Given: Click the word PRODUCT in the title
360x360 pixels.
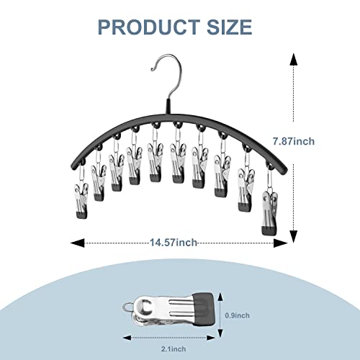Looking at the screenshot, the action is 149,27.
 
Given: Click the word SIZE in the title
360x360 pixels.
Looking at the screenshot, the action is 229,27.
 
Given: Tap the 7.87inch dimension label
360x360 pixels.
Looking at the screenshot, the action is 294,141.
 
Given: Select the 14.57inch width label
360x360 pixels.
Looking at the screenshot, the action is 174,243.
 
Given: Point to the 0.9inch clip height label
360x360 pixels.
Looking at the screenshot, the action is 237,315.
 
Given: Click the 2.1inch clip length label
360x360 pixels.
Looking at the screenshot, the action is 174,348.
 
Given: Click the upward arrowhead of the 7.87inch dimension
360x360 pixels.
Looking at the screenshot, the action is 293,60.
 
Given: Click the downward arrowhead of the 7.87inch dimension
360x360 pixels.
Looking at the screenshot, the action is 293,237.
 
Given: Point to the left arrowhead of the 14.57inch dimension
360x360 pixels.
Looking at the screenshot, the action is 78,243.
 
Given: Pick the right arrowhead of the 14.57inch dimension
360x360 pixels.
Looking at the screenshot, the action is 281,243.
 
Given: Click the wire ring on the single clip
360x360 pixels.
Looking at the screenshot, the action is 129,307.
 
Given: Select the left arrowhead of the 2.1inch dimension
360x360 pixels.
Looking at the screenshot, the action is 127,338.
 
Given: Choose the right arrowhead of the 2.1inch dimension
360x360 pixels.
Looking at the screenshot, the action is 210,338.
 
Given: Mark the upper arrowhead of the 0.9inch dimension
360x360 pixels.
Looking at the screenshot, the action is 220,297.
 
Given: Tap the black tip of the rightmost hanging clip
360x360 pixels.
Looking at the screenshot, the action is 269,231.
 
